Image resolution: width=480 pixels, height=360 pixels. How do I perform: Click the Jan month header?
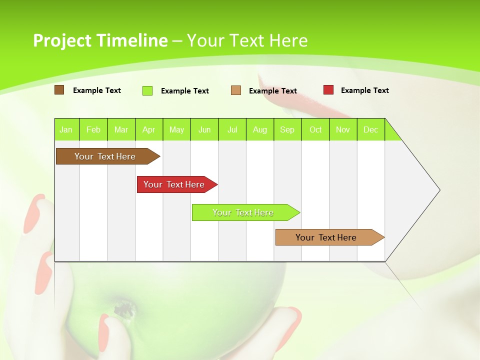tap(66, 129)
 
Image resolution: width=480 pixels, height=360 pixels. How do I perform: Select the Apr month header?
tap(148, 129)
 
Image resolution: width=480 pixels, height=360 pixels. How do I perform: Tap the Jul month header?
tap(232, 129)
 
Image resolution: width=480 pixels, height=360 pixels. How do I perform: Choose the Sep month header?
tap(287, 129)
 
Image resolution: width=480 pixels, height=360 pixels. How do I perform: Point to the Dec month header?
tap(370, 129)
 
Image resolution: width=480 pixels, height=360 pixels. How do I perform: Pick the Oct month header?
tap(315, 129)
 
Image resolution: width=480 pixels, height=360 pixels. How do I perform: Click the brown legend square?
tap(59, 90)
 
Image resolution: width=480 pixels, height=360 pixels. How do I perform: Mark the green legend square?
tap(147, 90)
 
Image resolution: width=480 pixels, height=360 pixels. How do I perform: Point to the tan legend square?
tap(236, 90)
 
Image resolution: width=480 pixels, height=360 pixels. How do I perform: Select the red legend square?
tap(328, 90)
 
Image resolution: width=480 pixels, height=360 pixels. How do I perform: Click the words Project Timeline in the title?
tap(100, 40)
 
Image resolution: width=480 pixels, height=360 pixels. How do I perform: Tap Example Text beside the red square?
tap(364, 90)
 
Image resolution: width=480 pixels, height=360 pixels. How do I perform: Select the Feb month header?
tap(93, 129)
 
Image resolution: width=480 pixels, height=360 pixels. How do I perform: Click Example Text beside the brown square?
tap(97, 90)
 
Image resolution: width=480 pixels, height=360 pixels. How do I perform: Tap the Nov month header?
tap(343, 129)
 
